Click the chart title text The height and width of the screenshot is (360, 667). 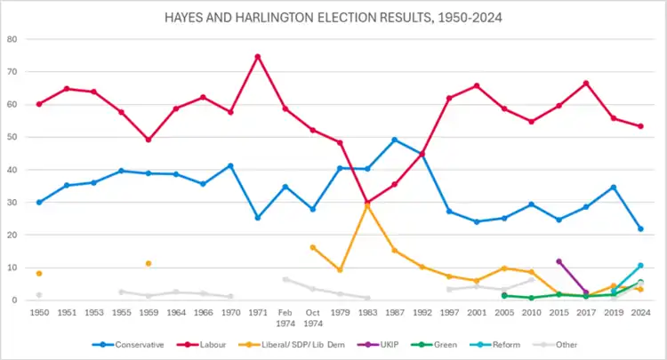click(334, 17)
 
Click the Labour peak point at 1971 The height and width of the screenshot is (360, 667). click(258, 57)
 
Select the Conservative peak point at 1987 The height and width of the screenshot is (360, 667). click(394, 140)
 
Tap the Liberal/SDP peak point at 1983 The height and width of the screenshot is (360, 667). click(367, 205)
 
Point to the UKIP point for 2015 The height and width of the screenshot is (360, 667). click(559, 261)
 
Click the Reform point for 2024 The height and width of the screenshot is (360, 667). click(640, 265)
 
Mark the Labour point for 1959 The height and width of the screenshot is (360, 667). click(149, 140)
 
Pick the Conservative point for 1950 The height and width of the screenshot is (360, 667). click(39, 203)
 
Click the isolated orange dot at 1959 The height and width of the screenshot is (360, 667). click(149, 263)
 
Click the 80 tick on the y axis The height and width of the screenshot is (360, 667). click(12, 39)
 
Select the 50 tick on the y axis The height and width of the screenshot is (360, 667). click(12, 137)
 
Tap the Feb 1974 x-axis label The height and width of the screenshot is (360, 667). click(285, 318)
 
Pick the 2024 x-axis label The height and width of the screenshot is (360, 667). click(640, 314)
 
